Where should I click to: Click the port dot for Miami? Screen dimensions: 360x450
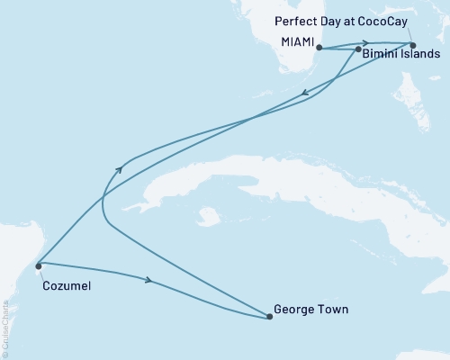(x=319, y=48)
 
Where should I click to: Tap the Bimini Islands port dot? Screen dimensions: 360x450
(x=359, y=50)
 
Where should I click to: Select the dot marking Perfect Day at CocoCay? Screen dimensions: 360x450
(x=413, y=45)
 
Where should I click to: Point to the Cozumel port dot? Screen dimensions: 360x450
(x=38, y=265)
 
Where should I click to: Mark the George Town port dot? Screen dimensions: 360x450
(x=269, y=316)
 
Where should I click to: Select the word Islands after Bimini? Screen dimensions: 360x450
(x=419, y=55)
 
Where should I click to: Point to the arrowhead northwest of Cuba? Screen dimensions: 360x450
(x=121, y=168)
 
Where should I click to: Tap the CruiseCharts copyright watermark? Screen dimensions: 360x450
(x=5, y=324)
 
